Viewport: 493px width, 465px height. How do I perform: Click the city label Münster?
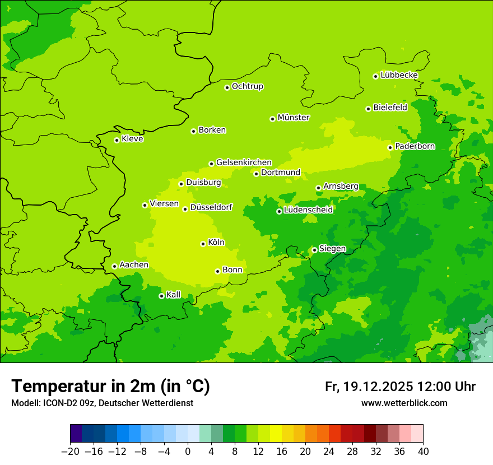pos(294,118)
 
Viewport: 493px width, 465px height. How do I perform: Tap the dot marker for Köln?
pos(203,244)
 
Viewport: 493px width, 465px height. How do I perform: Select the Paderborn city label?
pos(415,146)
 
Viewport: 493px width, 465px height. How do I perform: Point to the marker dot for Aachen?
pos(114,266)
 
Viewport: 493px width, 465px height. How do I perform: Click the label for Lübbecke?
pos(399,75)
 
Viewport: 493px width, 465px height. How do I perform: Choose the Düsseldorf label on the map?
pos(211,207)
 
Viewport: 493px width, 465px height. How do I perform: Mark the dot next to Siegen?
pos(314,250)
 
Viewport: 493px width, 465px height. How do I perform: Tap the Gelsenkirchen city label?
pos(244,162)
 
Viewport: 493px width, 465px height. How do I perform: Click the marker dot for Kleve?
pos(117,140)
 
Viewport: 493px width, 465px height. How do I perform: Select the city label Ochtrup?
pos(247,86)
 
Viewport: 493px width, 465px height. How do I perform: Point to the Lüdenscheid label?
pos(308,210)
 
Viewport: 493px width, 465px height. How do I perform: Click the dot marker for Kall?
pos(161,296)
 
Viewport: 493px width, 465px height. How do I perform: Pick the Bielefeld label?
pos(390,108)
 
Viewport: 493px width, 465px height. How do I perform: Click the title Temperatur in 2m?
pos(110,387)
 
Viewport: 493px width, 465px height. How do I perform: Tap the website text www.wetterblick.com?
pos(404,403)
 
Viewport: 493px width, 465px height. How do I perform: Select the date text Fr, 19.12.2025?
pos(369,387)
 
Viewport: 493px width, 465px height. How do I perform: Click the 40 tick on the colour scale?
pos(423,452)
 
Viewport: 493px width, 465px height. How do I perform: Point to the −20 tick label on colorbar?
pos(70,452)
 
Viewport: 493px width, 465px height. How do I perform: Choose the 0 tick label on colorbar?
pos(188,452)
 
